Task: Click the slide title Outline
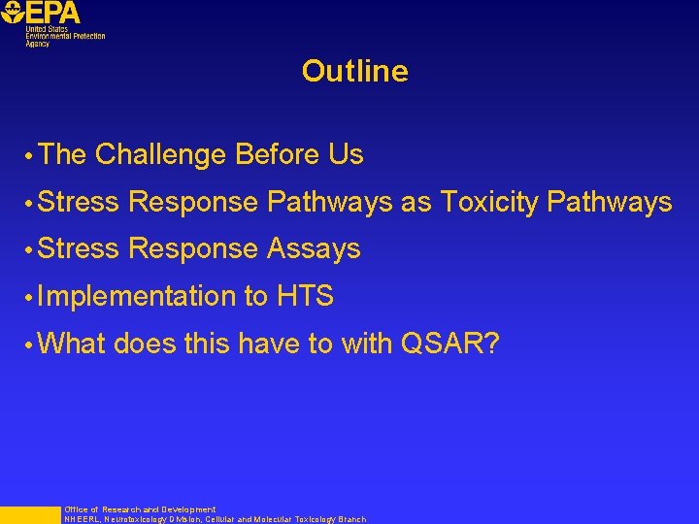pyautogui.click(x=354, y=71)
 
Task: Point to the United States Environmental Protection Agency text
pyautogui.click(x=64, y=37)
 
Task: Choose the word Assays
pyautogui.click(x=313, y=248)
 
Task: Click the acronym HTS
pyautogui.click(x=305, y=296)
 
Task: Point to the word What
pyautogui.click(x=74, y=343)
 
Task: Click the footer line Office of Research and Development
pyautogui.click(x=140, y=509)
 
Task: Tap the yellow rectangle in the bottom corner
pyautogui.click(x=29, y=515)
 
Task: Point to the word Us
pyautogui.click(x=346, y=154)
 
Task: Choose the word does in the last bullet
pyautogui.click(x=146, y=343)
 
